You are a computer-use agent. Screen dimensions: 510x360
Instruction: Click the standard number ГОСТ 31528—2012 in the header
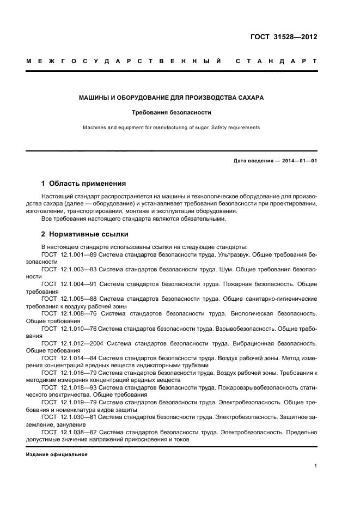click(x=283, y=38)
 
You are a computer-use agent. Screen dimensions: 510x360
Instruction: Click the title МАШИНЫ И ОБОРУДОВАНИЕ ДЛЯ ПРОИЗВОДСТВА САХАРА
click(x=172, y=98)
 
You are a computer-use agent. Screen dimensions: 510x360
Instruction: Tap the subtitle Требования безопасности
click(x=172, y=113)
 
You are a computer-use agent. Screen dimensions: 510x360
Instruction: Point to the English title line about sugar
click(x=172, y=127)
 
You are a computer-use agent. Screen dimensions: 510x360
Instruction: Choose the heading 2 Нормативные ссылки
click(x=85, y=234)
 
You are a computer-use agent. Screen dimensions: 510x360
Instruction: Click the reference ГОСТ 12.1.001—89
click(x=69, y=254)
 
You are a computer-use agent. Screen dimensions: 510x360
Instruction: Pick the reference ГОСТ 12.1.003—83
click(x=69, y=269)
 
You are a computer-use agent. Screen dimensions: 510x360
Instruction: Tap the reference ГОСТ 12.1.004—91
click(x=69, y=284)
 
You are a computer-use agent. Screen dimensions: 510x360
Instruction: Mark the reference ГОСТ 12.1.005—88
click(x=69, y=299)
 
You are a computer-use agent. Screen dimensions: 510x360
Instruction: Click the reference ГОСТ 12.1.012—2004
click(x=72, y=343)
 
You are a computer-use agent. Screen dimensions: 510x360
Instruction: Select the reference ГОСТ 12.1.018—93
click(x=69, y=387)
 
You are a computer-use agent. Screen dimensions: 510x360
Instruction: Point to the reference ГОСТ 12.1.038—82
click(x=69, y=432)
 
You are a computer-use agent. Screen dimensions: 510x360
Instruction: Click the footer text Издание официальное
click(x=57, y=454)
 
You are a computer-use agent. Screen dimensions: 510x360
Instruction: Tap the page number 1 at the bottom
click(x=316, y=466)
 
